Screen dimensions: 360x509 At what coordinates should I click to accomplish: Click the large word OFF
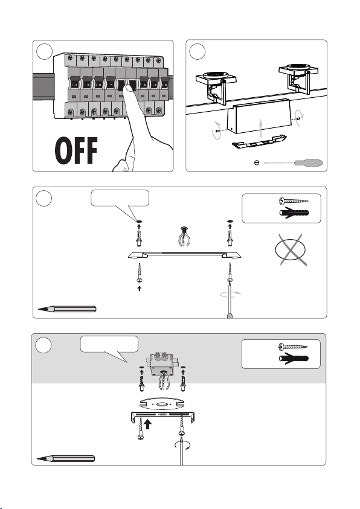[x=76, y=150]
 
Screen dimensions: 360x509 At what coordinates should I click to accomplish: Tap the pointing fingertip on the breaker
[x=130, y=91]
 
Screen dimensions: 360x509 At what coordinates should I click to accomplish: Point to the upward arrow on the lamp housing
[x=261, y=127]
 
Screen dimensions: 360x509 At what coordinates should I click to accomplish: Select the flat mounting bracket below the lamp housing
[x=259, y=141]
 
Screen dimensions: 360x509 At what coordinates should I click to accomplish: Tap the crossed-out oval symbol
[x=290, y=249]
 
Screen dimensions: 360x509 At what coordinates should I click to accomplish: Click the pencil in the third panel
[x=67, y=309]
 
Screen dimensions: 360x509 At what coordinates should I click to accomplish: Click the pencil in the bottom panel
[x=66, y=459]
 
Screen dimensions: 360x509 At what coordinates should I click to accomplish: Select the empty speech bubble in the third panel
[x=120, y=198]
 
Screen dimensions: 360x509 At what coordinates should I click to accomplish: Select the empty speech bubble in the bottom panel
[x=109, y=344]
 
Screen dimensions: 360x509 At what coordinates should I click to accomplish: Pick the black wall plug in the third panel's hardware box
[x=294, y=213]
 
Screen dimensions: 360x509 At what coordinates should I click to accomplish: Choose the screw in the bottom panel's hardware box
[x=293, y=347]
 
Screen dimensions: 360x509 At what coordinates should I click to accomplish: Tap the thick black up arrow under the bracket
[x=148, y=424]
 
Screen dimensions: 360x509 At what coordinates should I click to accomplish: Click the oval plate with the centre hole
[x=162, y=405]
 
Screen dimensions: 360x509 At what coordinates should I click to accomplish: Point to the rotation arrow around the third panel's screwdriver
[x=231, y=294]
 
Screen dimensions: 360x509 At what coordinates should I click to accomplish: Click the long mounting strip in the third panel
[x=185, y=255]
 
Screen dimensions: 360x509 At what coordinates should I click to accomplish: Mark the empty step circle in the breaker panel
[x=45, y=51]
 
